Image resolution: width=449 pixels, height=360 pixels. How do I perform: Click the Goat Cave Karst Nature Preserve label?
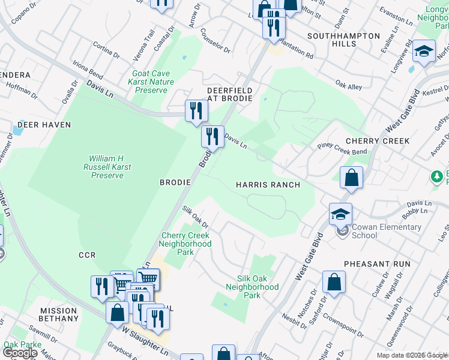pos(152,82)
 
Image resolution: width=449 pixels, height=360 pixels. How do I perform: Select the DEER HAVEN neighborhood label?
pos(44,125)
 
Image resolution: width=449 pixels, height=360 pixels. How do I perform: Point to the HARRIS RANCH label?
pos(268,185)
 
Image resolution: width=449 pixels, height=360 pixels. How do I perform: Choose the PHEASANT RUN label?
pos(377,264)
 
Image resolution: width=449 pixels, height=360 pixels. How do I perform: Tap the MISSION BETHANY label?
pos(59,314)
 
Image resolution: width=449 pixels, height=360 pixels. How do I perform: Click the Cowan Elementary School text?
pos(382,231)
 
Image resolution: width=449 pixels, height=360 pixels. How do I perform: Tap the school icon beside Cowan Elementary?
pos(340,214)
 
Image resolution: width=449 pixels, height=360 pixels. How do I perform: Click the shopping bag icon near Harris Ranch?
pos(351,178)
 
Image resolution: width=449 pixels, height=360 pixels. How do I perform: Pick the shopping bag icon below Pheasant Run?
pos(334,282)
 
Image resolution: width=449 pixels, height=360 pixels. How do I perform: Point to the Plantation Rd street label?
pos(296,55)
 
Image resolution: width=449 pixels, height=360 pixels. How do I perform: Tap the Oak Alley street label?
pos(349,86)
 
